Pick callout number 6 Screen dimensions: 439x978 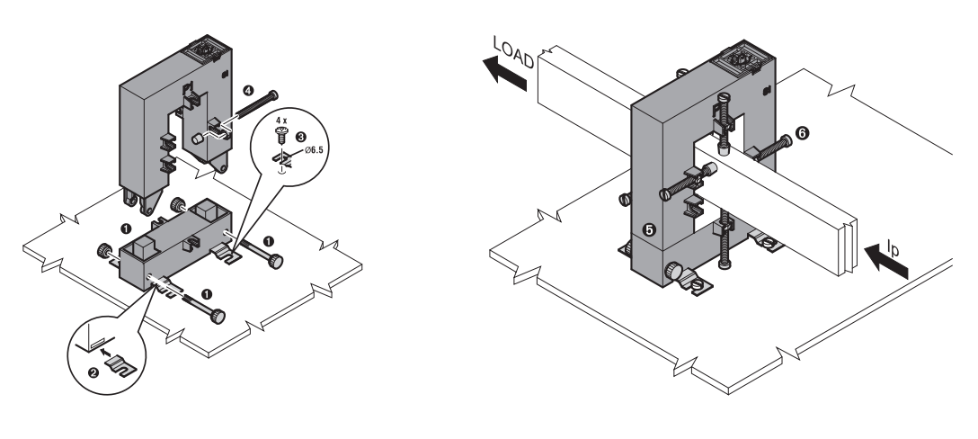[802, 132]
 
